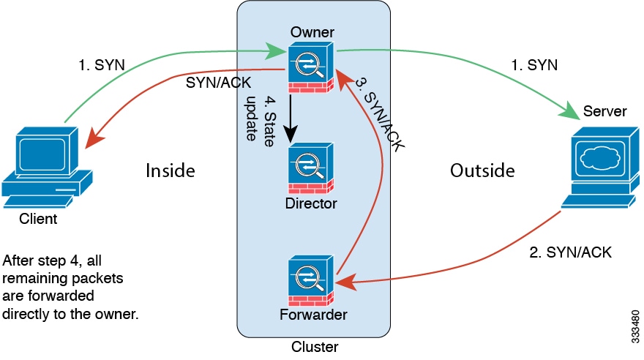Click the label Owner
coord(312,32)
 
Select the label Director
coord(312,203)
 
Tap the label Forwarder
coord(312,315)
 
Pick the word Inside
coord(171,170)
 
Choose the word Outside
coord(482,170)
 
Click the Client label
coord(39,218)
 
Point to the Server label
coord(604,111)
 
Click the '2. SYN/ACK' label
coord(571,253)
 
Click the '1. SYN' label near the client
coord(102,65)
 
